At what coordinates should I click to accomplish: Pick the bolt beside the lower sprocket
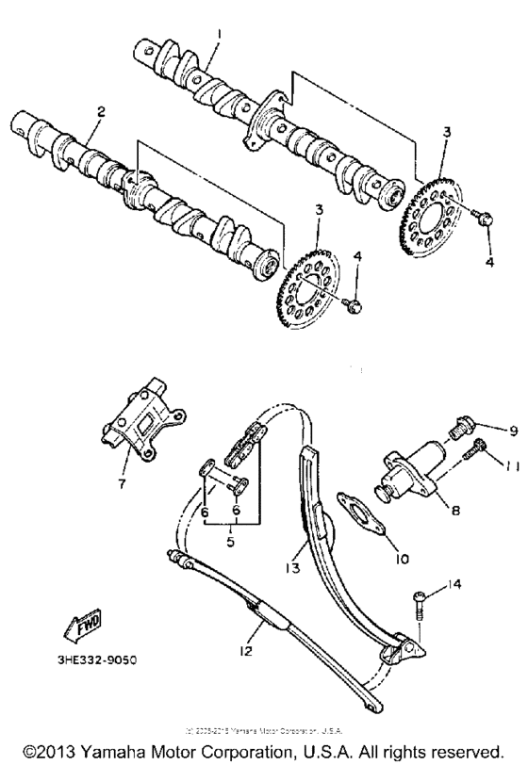353,304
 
